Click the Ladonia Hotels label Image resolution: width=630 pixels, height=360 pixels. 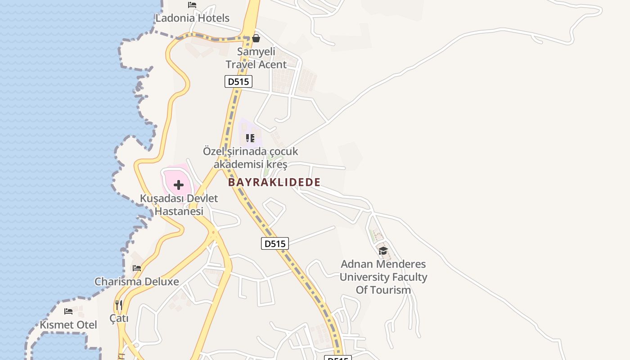click(x=192, y=18)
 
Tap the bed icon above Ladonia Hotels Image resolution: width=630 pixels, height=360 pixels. click(x=192, y=5)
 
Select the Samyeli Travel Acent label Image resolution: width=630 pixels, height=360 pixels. click(x=256, y=58)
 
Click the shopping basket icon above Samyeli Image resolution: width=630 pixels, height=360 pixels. click(x=256, y=38)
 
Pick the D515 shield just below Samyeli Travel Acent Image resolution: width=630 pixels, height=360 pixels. click(x=238, y=81)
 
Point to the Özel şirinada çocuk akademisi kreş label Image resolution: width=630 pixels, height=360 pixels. click(x=250, y=157)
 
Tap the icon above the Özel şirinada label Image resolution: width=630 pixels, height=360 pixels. click(x=250, y=138)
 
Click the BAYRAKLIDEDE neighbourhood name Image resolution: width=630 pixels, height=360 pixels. click(x=274, y=182)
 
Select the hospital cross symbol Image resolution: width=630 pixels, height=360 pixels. click(x=179, y=185)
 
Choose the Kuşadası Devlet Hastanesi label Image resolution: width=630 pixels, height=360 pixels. click(x=179, y=205)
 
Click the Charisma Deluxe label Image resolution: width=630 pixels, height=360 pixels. click(x=136, y=282)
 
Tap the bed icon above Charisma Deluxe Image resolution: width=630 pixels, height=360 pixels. click(x=137, y=268)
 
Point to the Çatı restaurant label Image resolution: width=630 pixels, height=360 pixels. click(x=119, y=318)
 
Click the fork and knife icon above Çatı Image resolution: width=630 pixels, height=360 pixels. click(x=119, y=305)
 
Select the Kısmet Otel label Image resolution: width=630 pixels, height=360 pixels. click(x=68, y=324)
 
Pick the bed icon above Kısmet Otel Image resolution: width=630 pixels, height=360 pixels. click(x=68, y=311)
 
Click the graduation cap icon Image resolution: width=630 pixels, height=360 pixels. click(x=383, y=251)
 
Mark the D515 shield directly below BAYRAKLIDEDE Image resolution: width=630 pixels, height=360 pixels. click(x=274, y=243)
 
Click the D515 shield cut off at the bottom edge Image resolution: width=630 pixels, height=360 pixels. click(x=337, y=358)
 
